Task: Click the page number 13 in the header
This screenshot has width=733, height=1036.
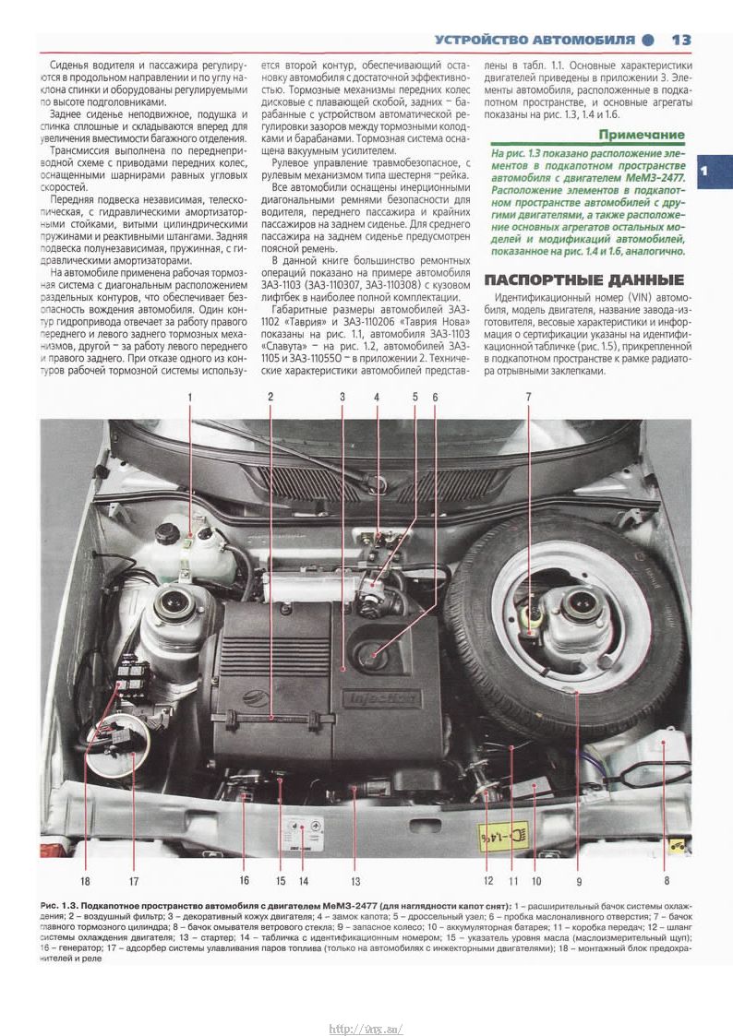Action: tap(681, 40)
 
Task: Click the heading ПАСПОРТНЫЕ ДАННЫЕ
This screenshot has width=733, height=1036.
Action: tap(583, 280)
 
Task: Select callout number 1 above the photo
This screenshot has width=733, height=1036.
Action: tap(191, 397)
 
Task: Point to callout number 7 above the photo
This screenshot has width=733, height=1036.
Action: tap(529, 397)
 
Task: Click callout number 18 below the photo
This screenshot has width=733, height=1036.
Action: tap(84, 879)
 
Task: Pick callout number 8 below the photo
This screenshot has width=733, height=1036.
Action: tap(666, 879)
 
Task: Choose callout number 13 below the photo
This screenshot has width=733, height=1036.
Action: tap(354, 879)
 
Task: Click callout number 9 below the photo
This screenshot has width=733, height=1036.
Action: tap(579, 879)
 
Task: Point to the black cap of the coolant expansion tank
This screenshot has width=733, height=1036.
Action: tap(170, 534)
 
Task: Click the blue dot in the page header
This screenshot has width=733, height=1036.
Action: tap(648, 40)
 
